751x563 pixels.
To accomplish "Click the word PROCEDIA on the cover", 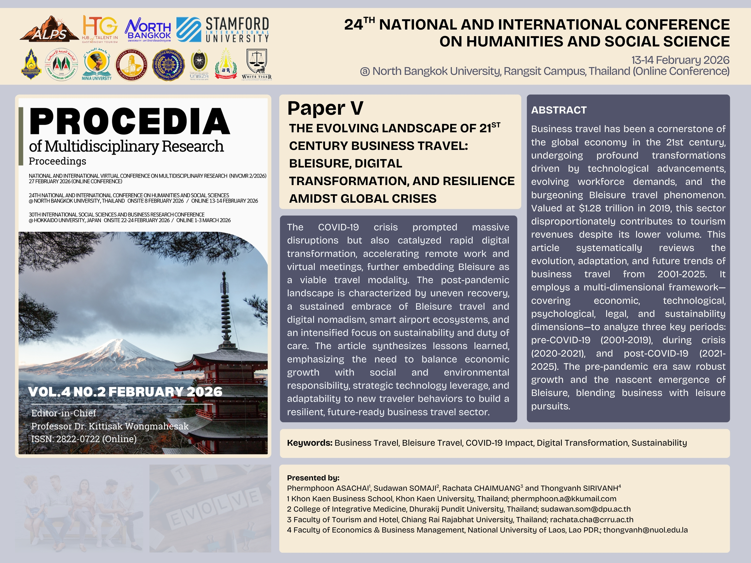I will (130, 122).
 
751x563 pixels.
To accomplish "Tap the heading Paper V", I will (325, 109).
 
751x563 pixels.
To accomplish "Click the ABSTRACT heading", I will (559, 110).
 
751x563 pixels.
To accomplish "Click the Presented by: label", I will (313, 478).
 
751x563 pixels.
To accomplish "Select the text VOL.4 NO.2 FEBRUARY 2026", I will (125, 392).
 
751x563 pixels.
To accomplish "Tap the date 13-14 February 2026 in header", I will (680, 60).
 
